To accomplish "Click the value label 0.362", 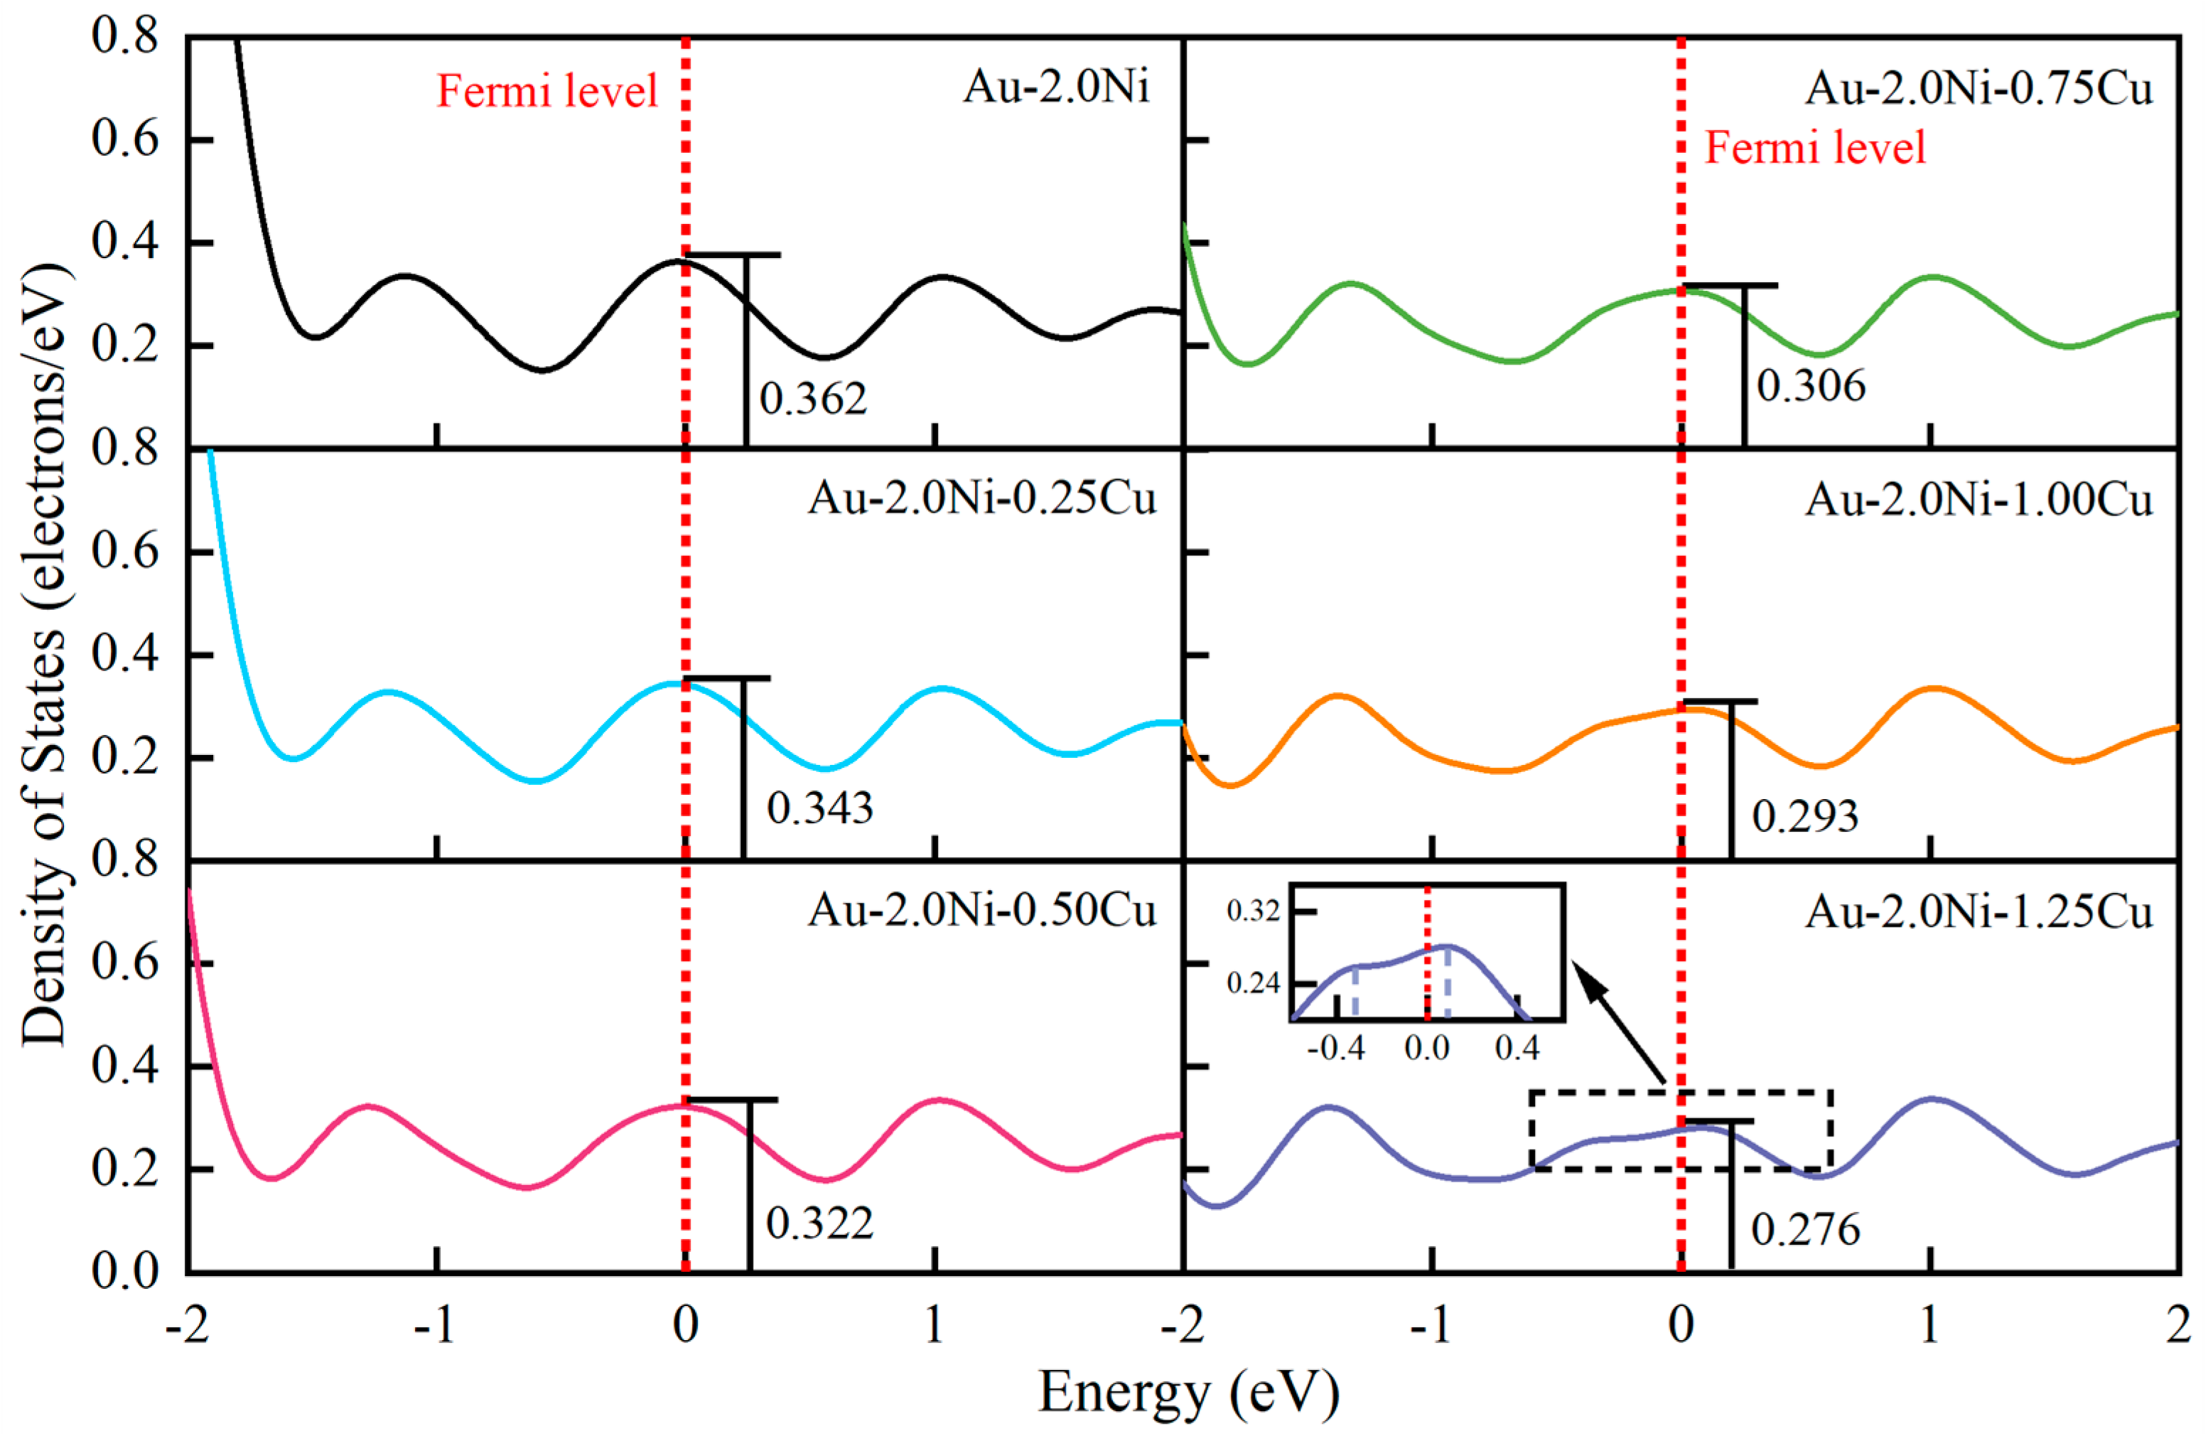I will coord(813,399).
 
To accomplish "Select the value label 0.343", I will coord(819,808).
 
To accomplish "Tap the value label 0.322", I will coord(819,1223).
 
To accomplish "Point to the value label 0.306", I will coord(1811,386).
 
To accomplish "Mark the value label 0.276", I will coord(1805,1229).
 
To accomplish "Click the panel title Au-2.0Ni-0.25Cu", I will coord(981,498).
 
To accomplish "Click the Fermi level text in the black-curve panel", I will coord(547,92).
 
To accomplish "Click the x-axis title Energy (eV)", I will coord(1188,1393).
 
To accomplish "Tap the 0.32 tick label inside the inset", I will coord(1252,911).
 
